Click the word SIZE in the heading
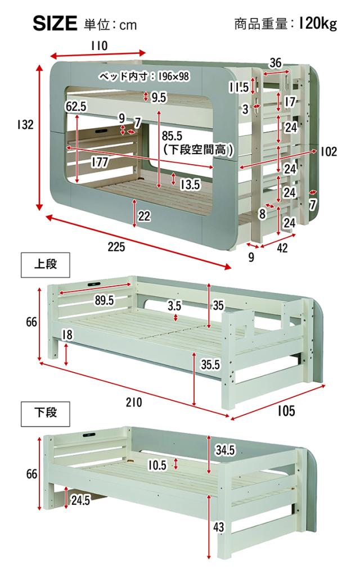[x=55, y=23]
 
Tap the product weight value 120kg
[x=318, y=24]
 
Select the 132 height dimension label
[x=25, y=125]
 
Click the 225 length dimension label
[x=116, y=246]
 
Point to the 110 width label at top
[x=99, y=46]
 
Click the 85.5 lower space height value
[x=172, y=135]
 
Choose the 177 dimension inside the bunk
[x=100, y=162]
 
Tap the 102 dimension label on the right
[x=328, y=151]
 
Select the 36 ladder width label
[x=275, y=63]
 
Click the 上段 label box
[x=46, y=265]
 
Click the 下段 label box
[x=46, y=413]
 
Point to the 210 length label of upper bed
[x=134, y=402]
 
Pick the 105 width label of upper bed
[x=286, y=411]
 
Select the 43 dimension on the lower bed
[x=219, y=526]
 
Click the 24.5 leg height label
[x=80, y=500]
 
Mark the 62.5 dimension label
[x=76, y=106]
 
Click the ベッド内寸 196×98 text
[x=143, y=76]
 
